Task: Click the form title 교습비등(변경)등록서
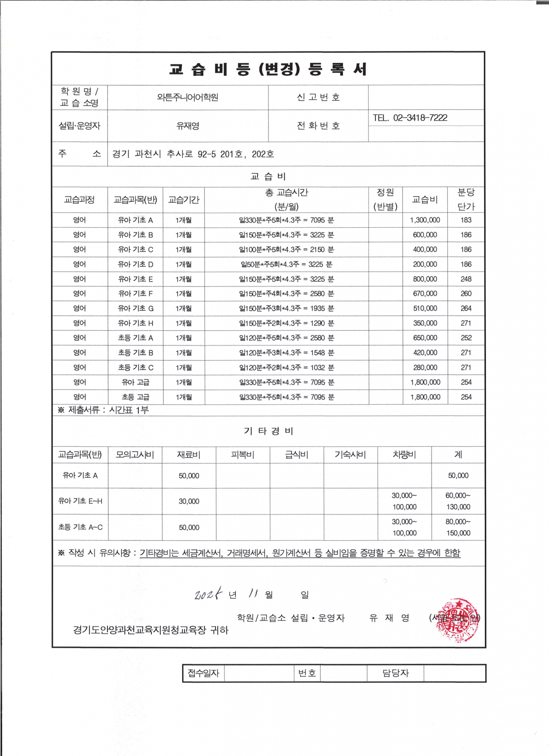coord(268,70)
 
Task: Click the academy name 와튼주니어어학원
coord(188,97)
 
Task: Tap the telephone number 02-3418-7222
coord(420,118)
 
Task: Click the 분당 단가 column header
coord(465,199)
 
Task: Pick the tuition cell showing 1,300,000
coord(425,220)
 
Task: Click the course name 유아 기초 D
coord(136,264)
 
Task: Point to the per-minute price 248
coord(466,279)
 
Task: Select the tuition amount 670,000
coord(425,294)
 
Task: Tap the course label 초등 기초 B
coord(136,353)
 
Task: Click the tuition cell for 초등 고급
coord(425,397)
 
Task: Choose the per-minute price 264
coord(466,308)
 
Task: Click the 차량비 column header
coord(404,455)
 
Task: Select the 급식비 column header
coord(296,455)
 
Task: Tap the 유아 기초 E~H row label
coord(80,501)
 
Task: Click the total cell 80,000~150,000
coord(458,527)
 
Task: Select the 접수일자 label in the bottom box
coord(203,673)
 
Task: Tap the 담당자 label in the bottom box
coord(395,673)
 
